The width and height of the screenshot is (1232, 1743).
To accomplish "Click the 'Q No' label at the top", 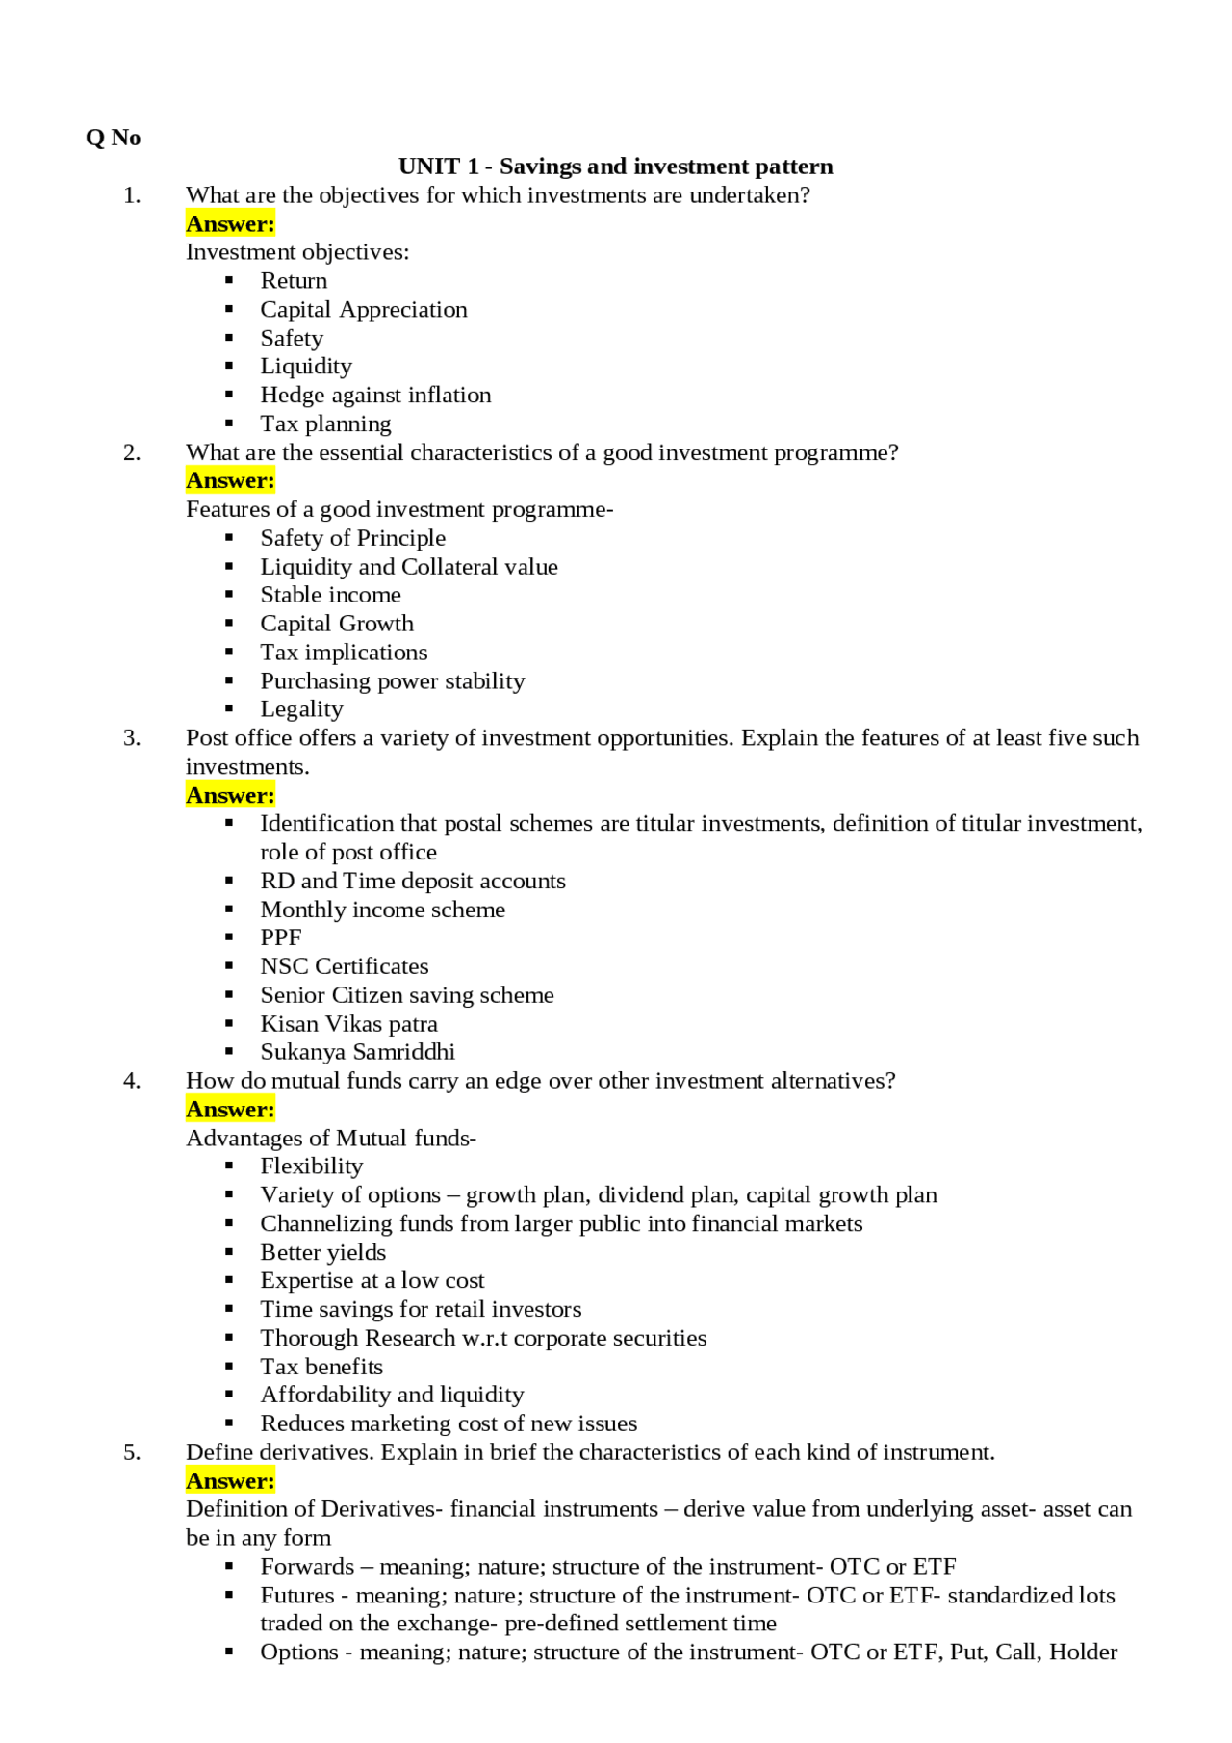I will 113,138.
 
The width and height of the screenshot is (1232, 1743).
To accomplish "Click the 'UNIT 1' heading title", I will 615,167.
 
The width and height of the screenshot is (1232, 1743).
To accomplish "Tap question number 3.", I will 132,738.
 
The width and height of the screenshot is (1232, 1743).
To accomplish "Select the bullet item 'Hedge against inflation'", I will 375,395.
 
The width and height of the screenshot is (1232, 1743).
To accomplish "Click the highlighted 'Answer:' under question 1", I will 230,224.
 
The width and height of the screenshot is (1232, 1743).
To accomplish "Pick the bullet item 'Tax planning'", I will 325,423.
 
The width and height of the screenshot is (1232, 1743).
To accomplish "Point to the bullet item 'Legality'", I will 301,709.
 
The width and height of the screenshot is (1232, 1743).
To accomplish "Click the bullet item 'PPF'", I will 281,937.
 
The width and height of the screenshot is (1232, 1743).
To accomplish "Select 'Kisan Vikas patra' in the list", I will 348,1023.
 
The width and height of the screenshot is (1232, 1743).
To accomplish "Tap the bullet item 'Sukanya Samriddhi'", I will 357,1052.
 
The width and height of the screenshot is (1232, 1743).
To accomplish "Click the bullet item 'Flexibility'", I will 311,1166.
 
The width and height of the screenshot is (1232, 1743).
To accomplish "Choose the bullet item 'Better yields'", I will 322,1252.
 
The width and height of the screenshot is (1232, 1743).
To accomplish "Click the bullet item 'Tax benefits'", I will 321,1367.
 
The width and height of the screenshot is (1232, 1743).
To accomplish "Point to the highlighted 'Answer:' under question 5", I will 230,1481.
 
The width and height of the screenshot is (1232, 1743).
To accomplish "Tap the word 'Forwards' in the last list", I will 307,1567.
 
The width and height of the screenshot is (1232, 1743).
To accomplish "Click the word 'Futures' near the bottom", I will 297,1596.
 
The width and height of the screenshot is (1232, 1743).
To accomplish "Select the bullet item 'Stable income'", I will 330,595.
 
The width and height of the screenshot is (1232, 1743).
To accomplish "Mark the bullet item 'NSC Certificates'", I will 345,966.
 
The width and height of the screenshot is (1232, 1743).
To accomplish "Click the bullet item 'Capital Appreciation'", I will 364,309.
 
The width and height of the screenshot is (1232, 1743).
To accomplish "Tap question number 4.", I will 132,1081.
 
